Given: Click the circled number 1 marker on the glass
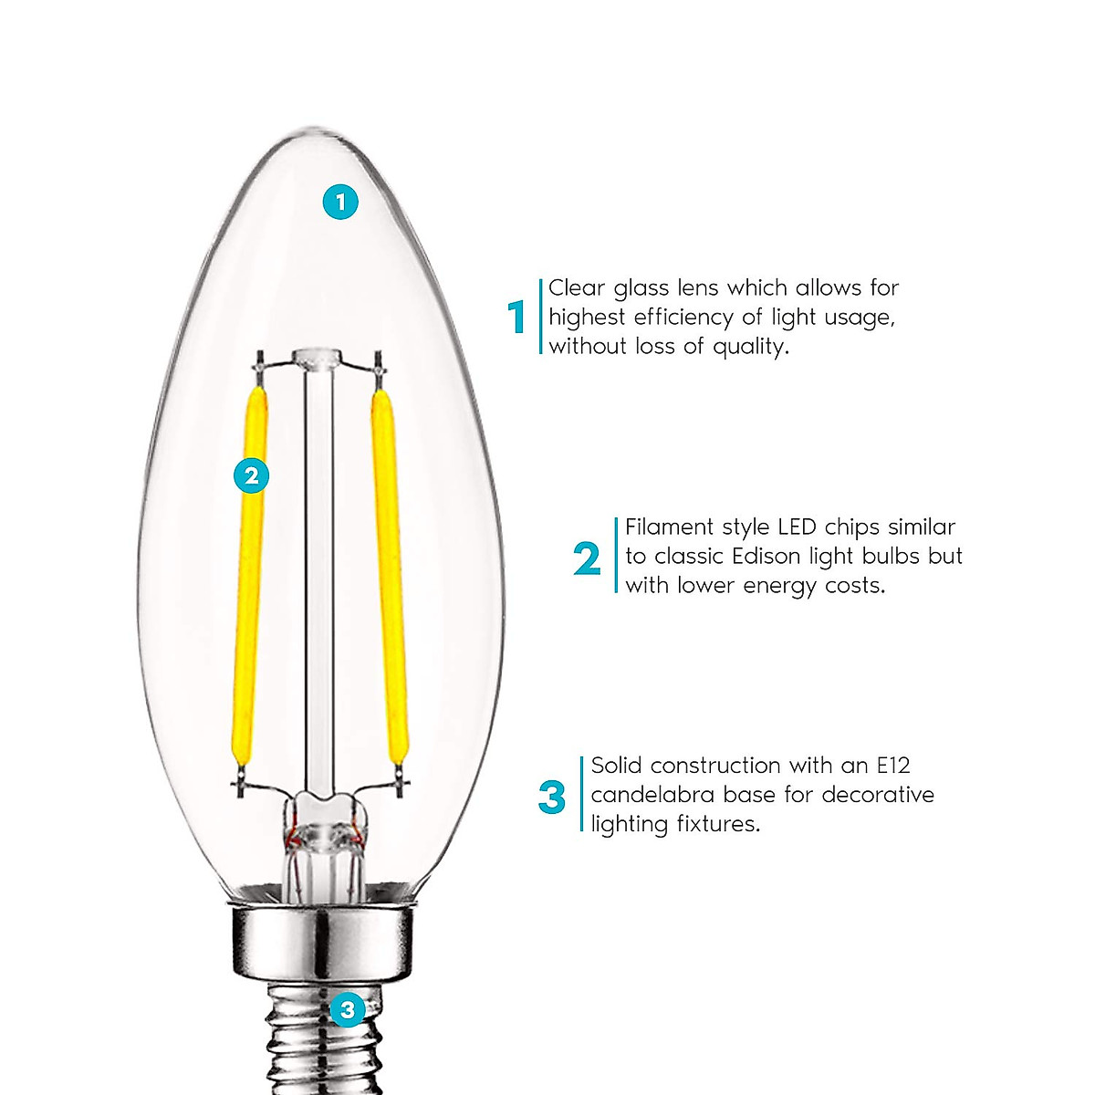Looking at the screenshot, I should tap(340, 202).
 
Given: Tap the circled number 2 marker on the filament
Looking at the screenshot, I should tap(252, 474).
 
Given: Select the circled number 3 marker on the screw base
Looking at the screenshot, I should tap(347, 1009).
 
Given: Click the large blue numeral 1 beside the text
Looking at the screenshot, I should tap(517, 318).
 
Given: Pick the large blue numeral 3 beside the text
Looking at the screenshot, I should tap(552, 797).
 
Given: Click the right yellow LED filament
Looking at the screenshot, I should tap(387, 575).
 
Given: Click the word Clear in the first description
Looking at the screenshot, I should tap(577, 288).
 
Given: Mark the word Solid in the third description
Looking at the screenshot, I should tap(617, 765).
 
